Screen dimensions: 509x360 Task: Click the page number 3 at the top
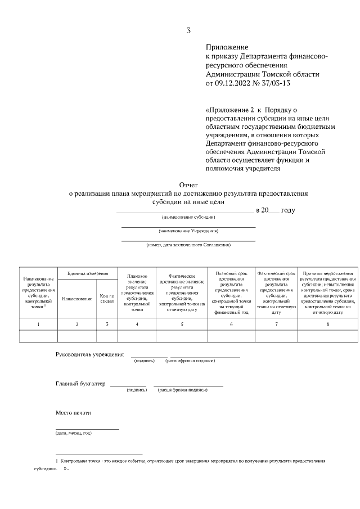coord(188,30)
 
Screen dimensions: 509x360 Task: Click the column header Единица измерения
coord(88,273)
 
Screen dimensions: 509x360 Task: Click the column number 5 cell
coord(182,324)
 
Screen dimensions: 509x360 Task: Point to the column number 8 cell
coord(328,324)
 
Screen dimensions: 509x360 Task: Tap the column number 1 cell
coord(38,324)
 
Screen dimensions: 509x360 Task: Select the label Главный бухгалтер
coord(80,384)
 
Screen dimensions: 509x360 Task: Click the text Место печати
coord(73,413)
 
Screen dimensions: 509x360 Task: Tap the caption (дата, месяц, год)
coord(73,433)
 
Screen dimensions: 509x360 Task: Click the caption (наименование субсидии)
coord(188,217)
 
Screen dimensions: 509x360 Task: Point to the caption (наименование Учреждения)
coord(188,231)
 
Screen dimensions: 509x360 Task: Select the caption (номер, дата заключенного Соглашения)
coord(188,245)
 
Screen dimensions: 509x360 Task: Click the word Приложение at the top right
coord(227,48)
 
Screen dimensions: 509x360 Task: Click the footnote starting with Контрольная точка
coord(191,461)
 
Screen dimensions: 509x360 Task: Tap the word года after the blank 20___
coord(287,210)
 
